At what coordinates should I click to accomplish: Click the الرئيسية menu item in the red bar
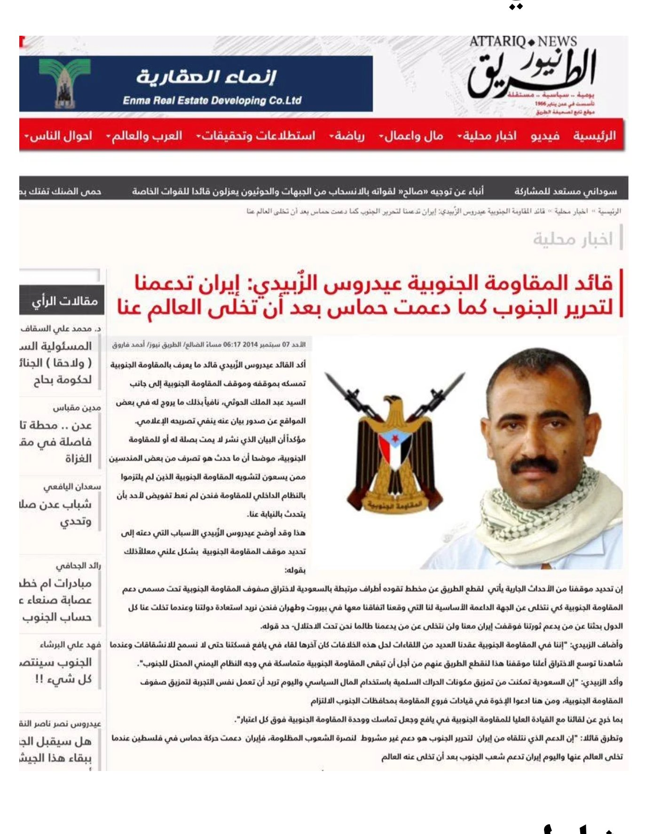point(594,136)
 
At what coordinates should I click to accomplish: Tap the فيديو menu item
point(545,136)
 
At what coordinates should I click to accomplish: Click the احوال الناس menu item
point(60,136)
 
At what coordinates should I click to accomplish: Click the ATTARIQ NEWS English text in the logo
point(523,42)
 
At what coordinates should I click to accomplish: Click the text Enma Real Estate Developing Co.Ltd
point(212,100)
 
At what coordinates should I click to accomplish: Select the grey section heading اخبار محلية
point(573,239)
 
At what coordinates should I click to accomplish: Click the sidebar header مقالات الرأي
point(64,301)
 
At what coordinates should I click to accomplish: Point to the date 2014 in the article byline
point(250,345)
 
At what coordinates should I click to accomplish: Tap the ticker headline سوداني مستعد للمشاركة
point(565,191)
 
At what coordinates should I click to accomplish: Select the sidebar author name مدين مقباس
point(77,408)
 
